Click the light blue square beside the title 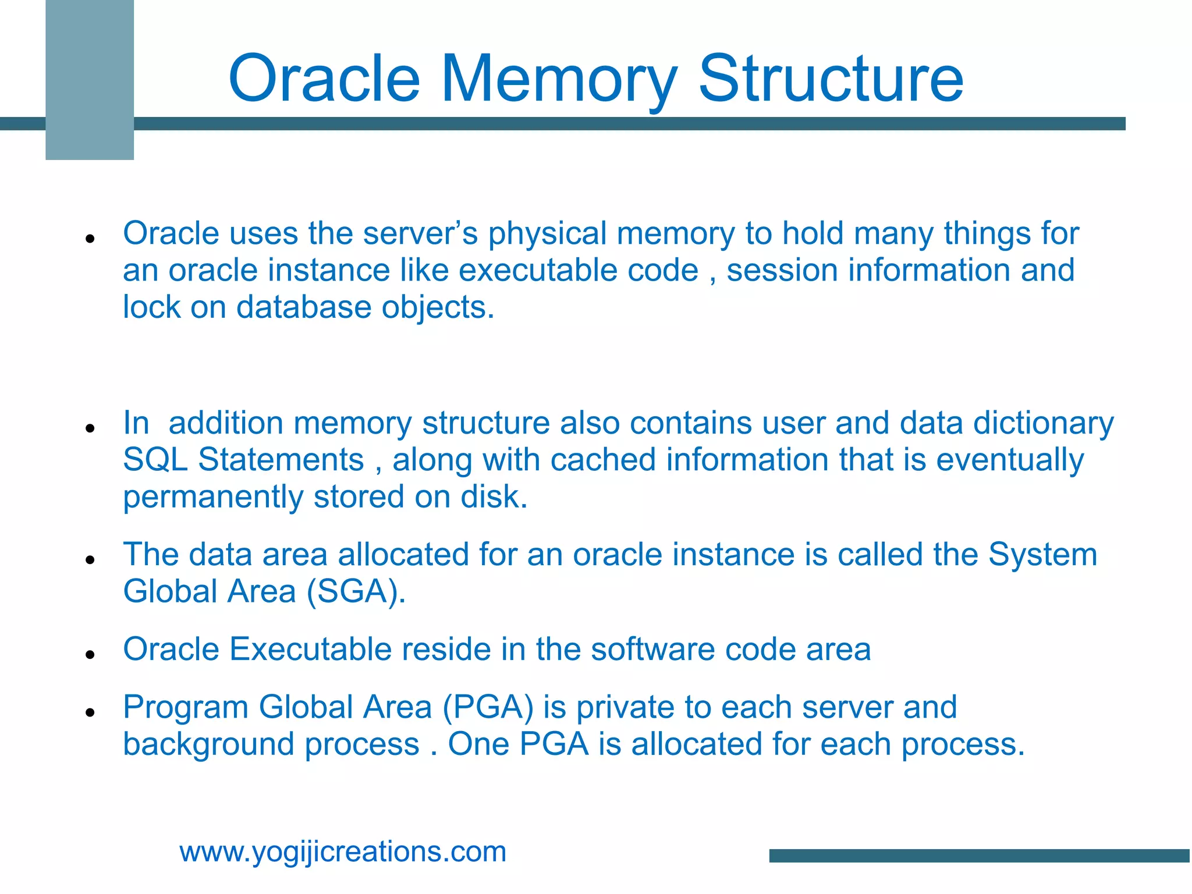click(x=90, y=80)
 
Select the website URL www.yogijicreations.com click(x=343, y=852)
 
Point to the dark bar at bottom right click(x=980, y=855)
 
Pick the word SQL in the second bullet click(x=155, y=460)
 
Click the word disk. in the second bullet click(x=494, y=497)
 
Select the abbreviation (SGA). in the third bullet click(x=356, y=592)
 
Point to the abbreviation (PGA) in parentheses click(x=488, y=707)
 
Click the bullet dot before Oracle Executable click(x=90, y=655)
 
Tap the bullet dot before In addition click(x=90, y=428)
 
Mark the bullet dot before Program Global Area click(x=90, y=712)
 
